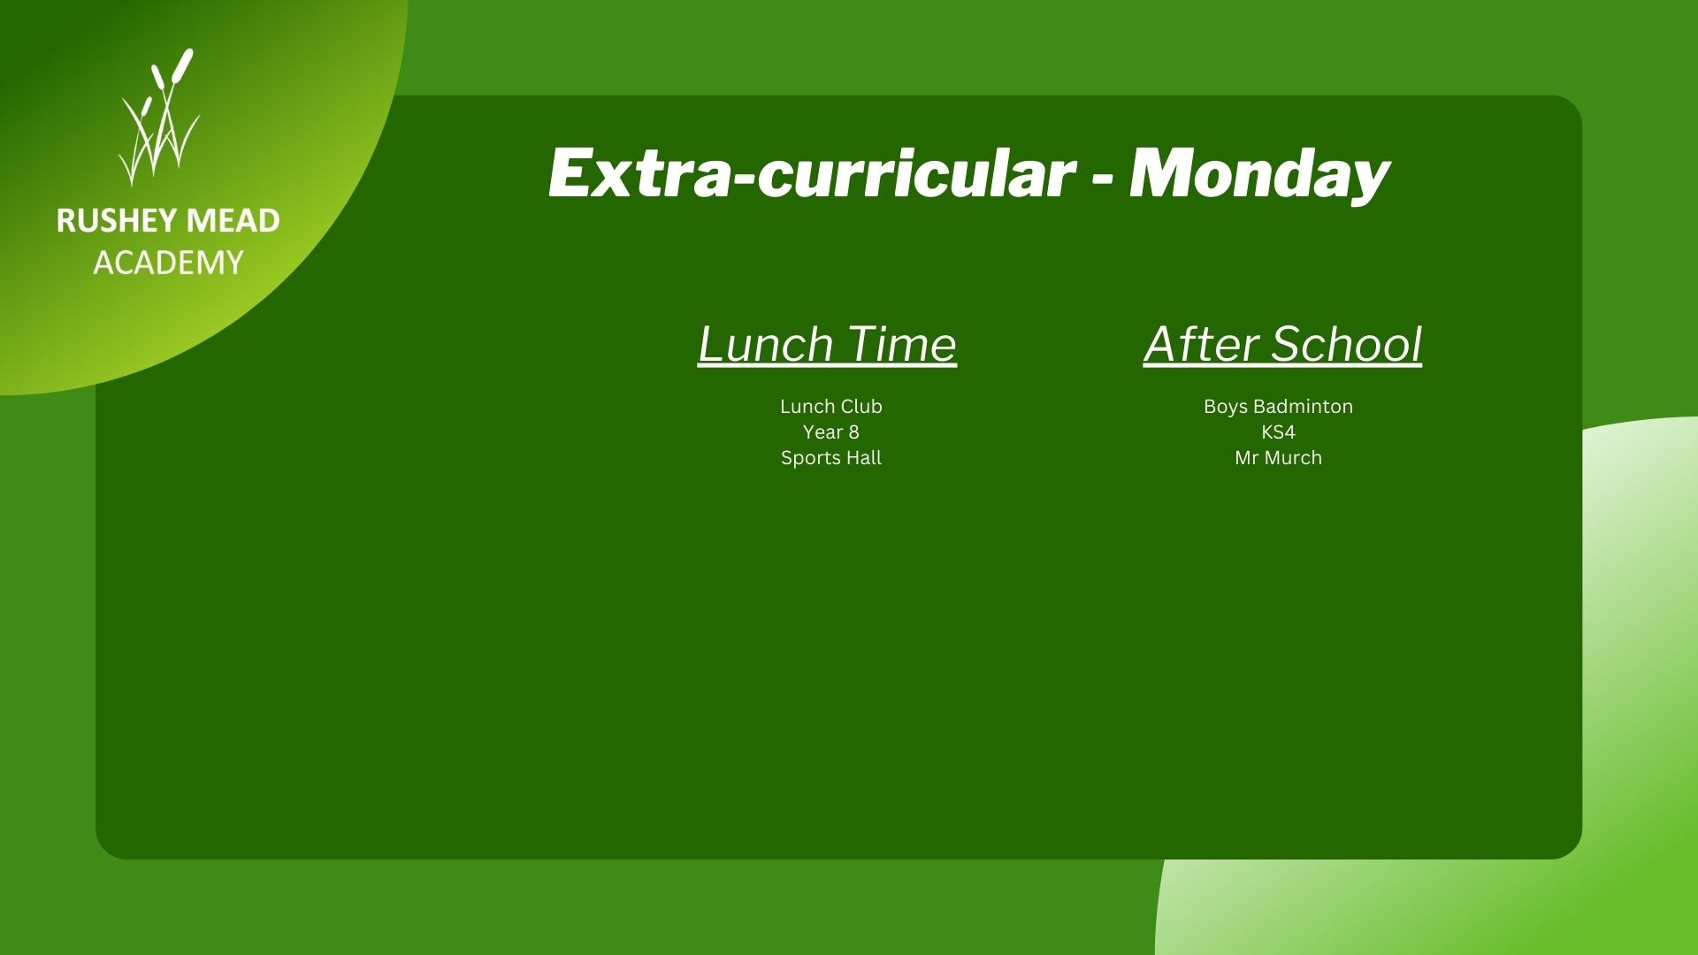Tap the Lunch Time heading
click(x=827, y=344)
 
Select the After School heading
click(x=1282, y=344)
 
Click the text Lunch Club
click(x=831, y=407)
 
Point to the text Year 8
click(x=831, y=432)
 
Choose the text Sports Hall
click(x=831, y=458)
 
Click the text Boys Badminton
click(x=1278, y=407)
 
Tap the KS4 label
click(x=1278, y=432)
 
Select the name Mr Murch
click(x=1278, y=458)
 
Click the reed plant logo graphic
click(x=159, y=118)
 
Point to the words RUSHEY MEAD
click(x=168, y=221)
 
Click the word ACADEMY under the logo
click(x=168, y=263)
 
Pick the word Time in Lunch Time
click(x=901, y=344)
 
